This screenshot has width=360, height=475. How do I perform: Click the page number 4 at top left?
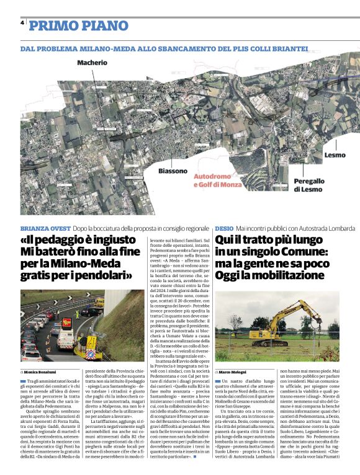click(x=22, y=23)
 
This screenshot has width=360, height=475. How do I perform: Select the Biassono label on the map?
click(x=172, y=171)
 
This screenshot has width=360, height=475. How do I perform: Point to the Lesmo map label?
click(x=335, y=154)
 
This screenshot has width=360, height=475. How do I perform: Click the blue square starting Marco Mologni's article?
click(x=217, y=380)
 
